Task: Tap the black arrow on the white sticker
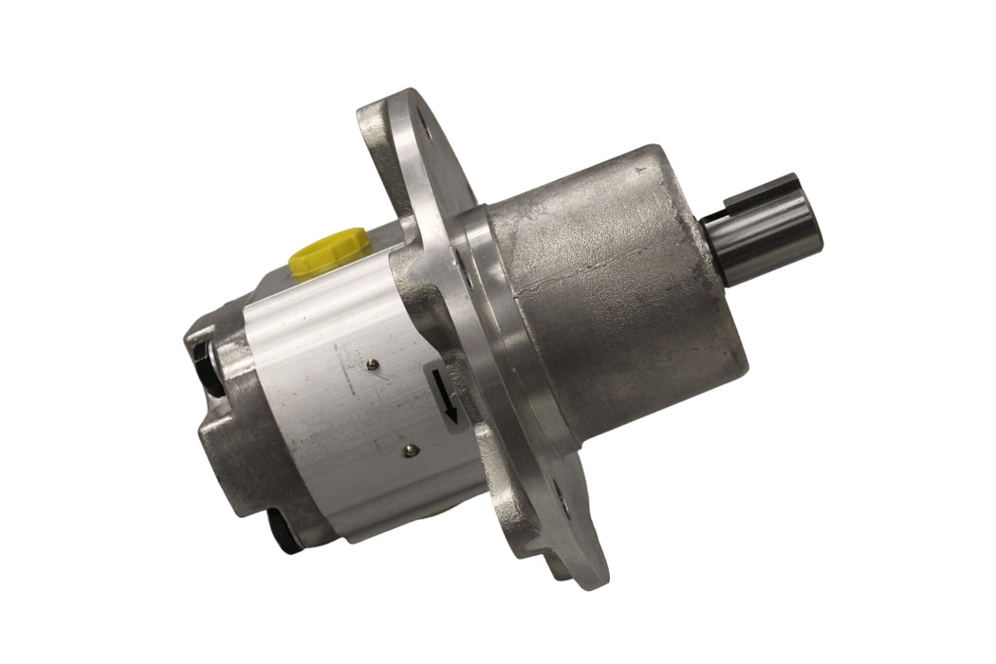coord(445,397)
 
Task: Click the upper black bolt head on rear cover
coord(206,360)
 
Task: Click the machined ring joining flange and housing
coord(493,313)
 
